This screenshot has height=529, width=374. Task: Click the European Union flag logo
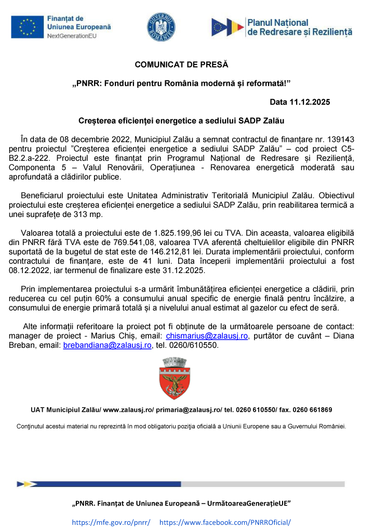click(x=27, y=26)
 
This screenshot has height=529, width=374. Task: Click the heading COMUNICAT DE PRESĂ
click(x=181, y=65)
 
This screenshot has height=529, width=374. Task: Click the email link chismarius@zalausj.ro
click(x=207, y=336)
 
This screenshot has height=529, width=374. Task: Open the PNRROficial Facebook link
click(x=224, y=522)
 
